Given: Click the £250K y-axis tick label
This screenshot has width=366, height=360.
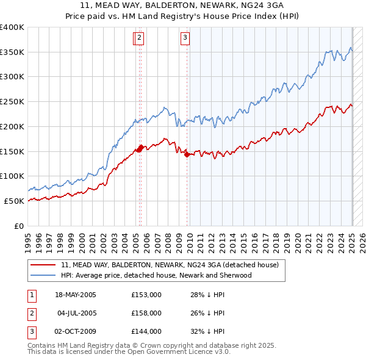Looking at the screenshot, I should click(x=12, y=102).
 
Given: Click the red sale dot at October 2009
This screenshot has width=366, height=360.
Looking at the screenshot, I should click(x=187, y=154).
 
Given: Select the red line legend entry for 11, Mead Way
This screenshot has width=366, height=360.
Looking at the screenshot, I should click(x=170, y=265).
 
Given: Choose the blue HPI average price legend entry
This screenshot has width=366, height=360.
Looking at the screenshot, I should click(x=156, y=275).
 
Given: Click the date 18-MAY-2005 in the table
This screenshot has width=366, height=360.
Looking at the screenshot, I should click(x=76, y=295).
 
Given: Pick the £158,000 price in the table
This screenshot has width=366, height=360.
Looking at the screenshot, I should click(x=146, y=313).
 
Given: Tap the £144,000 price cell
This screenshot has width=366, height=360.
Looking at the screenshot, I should click(x=146, y=331).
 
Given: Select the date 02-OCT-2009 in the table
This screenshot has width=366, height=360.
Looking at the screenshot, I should click(x=76, y=331).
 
